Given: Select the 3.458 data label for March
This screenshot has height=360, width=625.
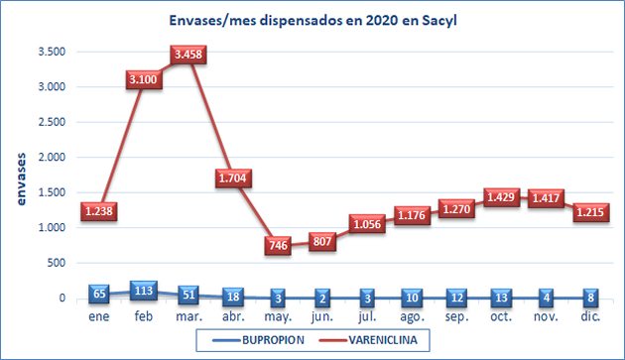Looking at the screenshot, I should [x=188, y=55].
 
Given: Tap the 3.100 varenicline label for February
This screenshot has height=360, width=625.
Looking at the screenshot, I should [x=143, y=79].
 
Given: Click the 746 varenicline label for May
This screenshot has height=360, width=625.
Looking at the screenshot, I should [x=280, y=246].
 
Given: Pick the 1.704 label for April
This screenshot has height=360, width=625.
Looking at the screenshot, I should [x=234, y=179].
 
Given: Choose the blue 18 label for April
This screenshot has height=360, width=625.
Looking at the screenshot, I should [x=234, y=297].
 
